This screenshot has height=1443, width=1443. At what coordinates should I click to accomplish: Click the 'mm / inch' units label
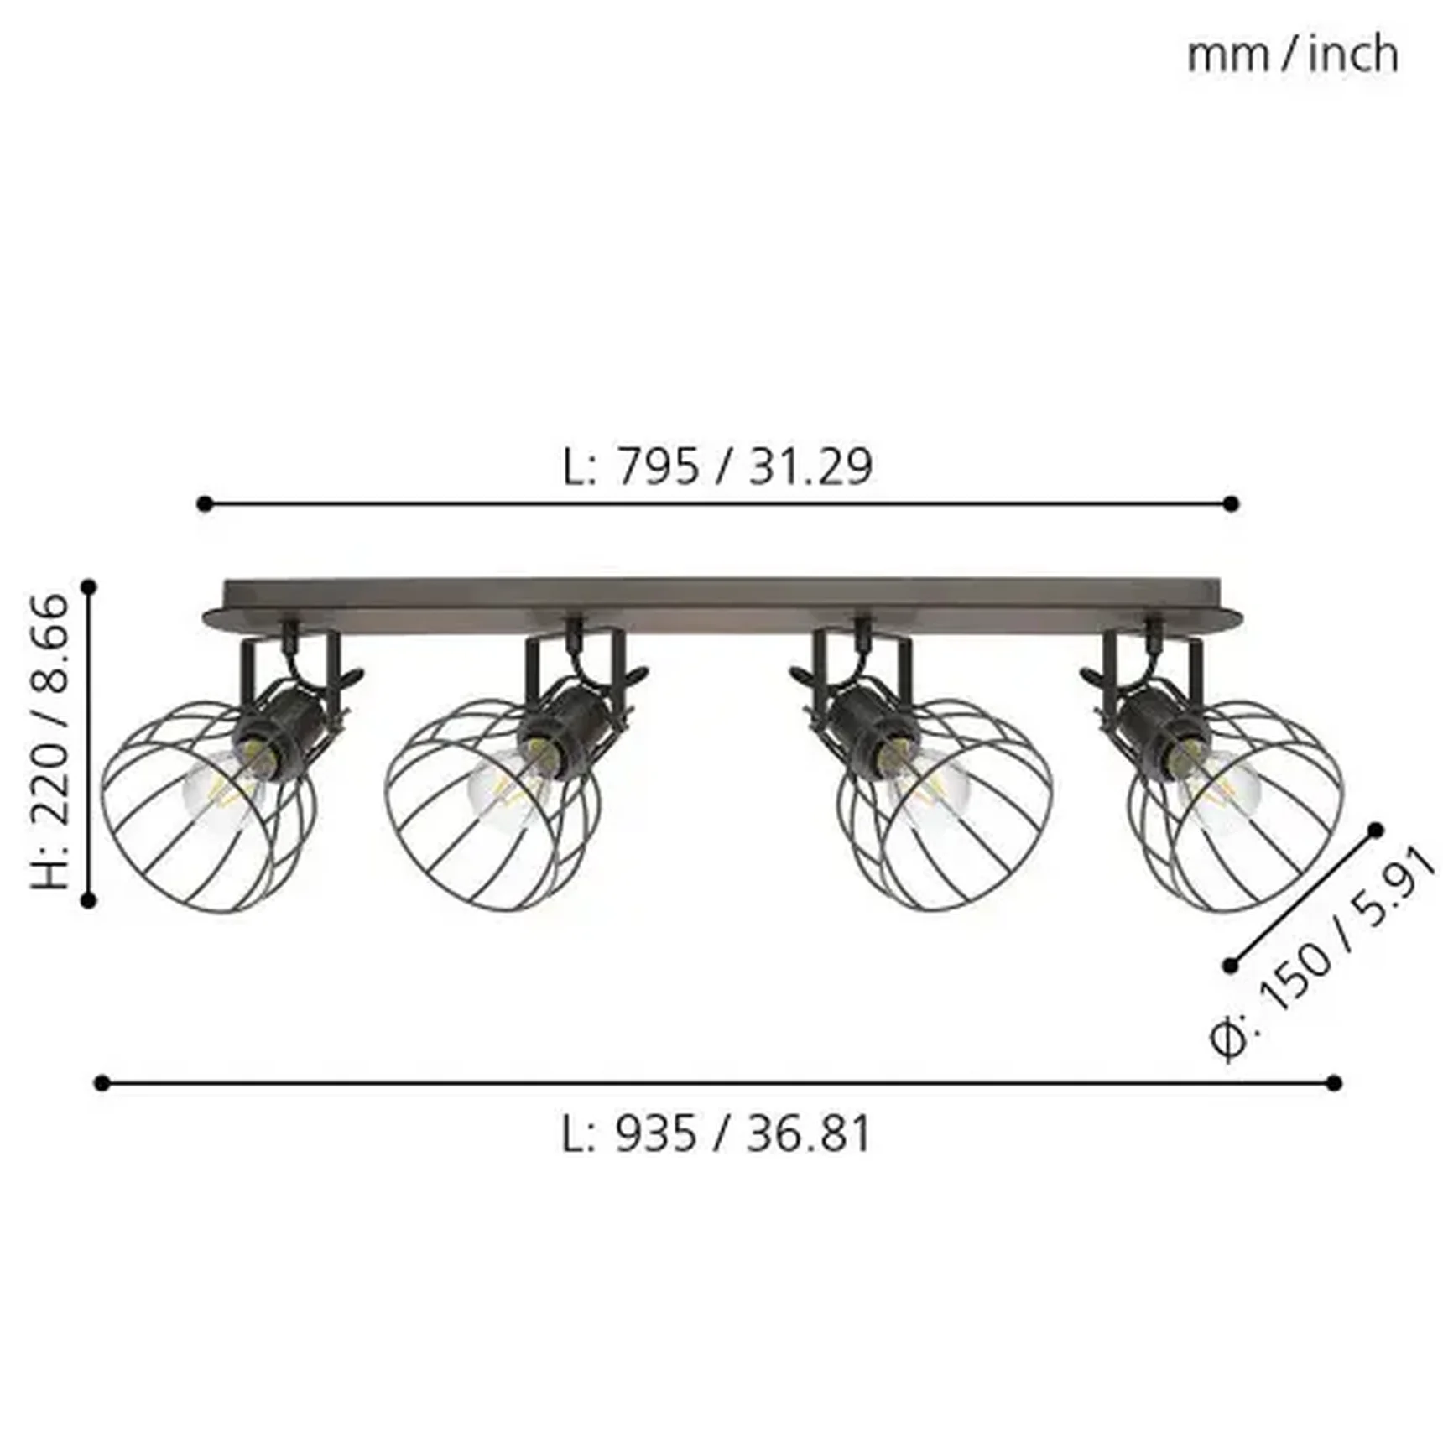point(1292,55)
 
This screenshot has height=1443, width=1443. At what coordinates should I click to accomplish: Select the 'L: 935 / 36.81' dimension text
point(716,1134)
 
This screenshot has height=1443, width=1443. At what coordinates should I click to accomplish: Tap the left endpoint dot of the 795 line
point(205,504)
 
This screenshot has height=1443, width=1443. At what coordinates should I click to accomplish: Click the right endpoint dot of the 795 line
point(1231,504)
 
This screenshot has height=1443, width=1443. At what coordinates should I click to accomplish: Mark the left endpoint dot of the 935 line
point(102,1083)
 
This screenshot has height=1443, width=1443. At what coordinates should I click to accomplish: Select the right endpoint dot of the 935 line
point(1334,1083)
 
